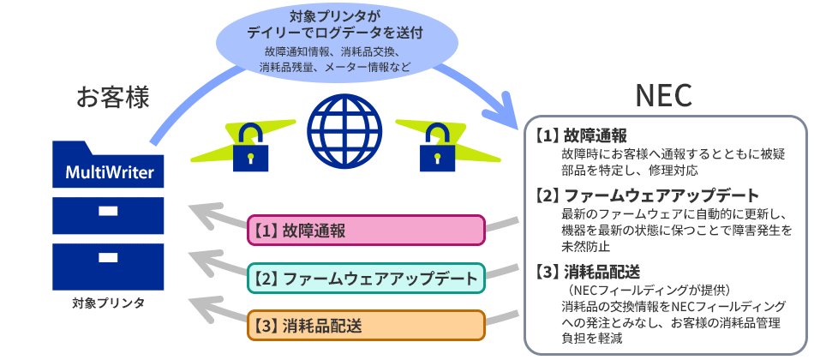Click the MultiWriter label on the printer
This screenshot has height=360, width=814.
[x=109, y=174]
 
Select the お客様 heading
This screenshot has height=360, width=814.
[x=113, y=98]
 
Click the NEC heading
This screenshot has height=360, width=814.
[x=664, y=97]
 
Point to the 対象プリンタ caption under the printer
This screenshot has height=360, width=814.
[x=109, y=303]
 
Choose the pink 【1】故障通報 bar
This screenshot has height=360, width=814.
[x=368, y=231]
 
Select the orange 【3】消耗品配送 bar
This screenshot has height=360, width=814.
[x=368, y=326]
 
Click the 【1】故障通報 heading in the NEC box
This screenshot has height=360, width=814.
[x=582, y=135]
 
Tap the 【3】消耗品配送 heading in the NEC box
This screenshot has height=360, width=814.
[x=589, y=272]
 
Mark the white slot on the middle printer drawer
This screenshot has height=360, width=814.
[x=109, y=211]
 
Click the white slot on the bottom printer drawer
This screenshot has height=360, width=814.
[x=109, y=256]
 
